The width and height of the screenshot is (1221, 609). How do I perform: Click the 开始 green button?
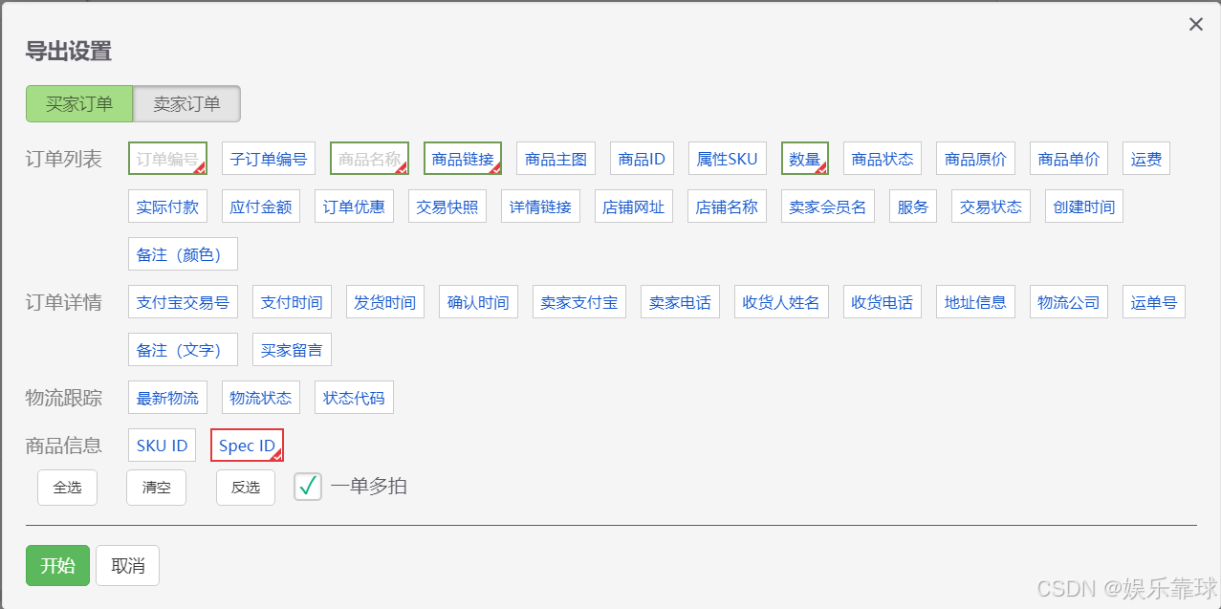57,565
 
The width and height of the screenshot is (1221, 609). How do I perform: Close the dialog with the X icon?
1195,25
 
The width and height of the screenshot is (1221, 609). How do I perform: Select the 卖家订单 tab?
186,104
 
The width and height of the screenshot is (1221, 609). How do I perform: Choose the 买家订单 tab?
79,104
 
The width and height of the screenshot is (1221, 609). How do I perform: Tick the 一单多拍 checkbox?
308,487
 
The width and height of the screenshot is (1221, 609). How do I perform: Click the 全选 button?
67,488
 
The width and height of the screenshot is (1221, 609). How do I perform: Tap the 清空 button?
156,488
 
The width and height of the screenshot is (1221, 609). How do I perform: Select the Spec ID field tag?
247,446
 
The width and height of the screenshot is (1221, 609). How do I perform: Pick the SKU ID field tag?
162,446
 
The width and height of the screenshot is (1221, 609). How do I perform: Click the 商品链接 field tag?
463,159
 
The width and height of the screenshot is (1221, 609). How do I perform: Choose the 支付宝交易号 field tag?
183,302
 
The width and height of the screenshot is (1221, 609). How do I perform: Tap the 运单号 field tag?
1153,302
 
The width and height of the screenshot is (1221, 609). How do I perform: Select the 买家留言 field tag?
292,350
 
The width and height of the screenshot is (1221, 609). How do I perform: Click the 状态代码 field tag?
354,398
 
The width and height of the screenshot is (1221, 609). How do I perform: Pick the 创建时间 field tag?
1083,207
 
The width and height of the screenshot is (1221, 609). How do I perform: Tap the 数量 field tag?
805,159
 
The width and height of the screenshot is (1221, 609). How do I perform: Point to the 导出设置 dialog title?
69,52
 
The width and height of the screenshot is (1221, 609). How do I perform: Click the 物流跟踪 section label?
64,398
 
